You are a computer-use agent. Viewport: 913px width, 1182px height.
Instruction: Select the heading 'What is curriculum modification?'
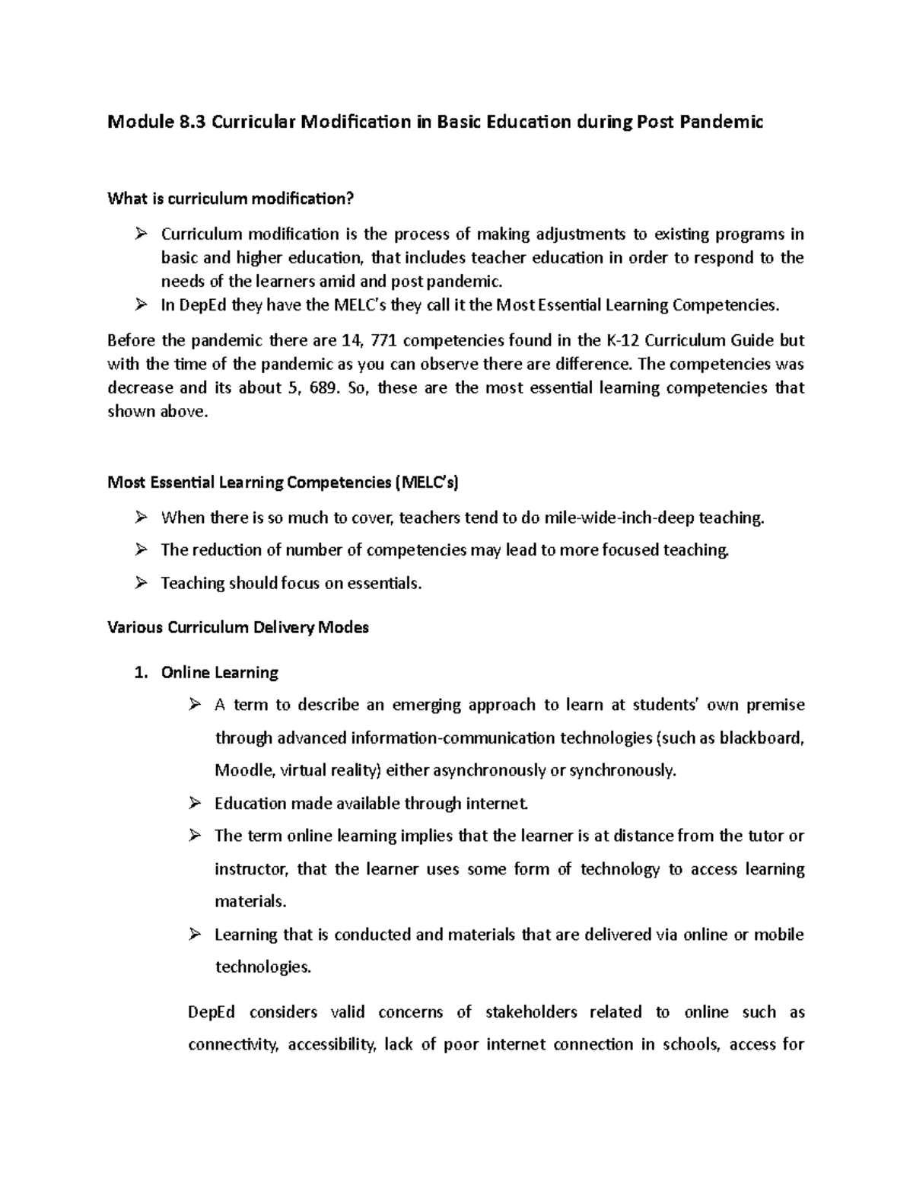(x=231, y=199)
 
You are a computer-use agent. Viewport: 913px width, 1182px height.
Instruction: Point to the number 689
(x=323, y=388)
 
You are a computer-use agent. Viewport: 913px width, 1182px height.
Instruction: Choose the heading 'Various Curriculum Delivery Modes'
(x=238, y=628)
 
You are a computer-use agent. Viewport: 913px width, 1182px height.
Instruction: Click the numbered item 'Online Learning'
(x=219, y=673)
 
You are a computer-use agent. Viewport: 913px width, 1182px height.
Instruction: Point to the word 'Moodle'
(x=244, y=770)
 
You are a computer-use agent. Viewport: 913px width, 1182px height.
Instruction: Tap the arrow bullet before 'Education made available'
(x=195, y=803)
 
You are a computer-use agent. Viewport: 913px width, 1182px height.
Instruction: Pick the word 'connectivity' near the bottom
(x=233, y=1044)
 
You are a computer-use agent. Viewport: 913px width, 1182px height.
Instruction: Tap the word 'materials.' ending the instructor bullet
(x=250, y=902)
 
